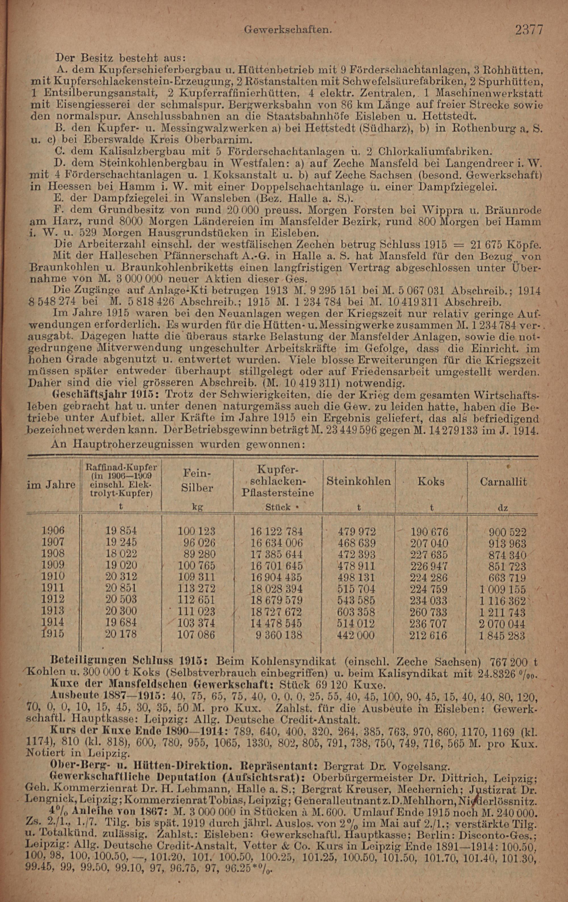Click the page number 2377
pos(529,30)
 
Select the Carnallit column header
pos(503,481)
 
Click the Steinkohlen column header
pos(358,481)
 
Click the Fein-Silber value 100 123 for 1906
pos(197,531)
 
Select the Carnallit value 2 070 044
pos(502,624)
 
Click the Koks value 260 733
pos(429,612)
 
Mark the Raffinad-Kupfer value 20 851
pos(121,588)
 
